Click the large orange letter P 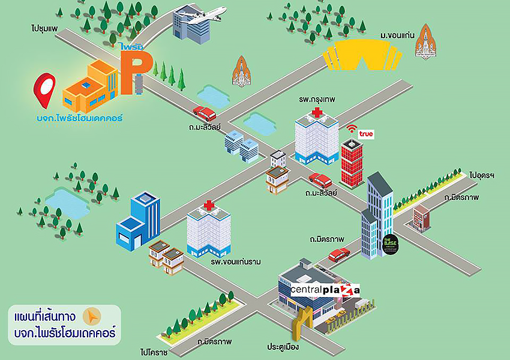(x=130, y=73)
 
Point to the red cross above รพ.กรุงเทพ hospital (x=316, y=112)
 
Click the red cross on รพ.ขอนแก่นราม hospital (x=209, y=206)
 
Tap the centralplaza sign (x=325, y=290)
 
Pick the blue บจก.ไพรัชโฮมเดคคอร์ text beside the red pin (x=79, y=118)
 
